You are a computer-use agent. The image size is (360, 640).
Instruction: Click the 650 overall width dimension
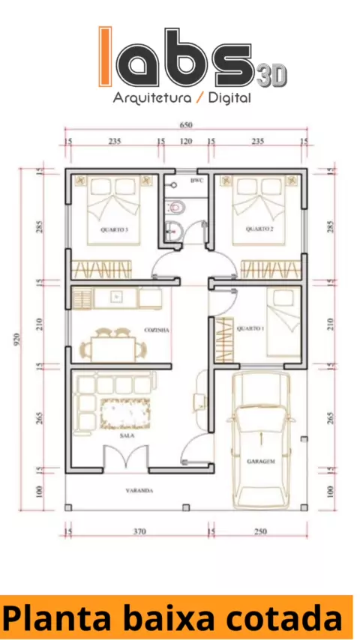point(185,125)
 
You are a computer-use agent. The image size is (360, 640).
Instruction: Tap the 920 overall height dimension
point(16,339)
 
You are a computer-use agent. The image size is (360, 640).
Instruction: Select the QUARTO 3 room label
point(115,230)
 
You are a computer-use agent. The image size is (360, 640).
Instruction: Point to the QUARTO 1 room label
point(250,328)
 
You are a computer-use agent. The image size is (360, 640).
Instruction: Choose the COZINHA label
point(157,330)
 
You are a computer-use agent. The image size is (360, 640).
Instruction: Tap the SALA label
point(127,435)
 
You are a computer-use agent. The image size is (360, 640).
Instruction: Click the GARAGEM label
point(261,462)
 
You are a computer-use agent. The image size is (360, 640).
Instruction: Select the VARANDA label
point(139,491)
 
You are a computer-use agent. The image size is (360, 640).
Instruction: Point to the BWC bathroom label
point(196,180)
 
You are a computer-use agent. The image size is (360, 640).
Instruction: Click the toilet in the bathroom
point(176,208)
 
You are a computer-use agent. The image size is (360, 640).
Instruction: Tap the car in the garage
point(261,441)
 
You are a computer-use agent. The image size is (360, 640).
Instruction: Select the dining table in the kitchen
point(113,350)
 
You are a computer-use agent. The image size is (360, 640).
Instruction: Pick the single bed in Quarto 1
point(283,322)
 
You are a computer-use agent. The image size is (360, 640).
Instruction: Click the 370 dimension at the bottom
point(139,531)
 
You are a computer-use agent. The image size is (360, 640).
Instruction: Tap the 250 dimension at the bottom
point(260,531)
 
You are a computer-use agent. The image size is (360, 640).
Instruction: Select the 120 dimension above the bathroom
point(186,141)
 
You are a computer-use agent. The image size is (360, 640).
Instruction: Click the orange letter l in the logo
point(106,57)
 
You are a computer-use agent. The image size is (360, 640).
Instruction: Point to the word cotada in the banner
point(284,618)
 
